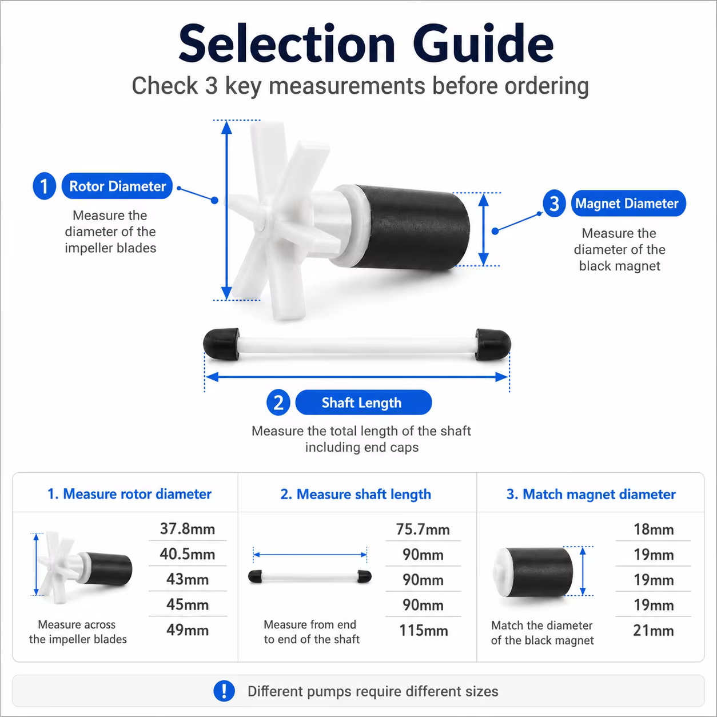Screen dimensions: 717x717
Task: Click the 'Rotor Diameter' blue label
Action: pyautogui.click(x=117, y=186)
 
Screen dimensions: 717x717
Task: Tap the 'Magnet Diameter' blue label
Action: pyautogui.click(x=628, y=203)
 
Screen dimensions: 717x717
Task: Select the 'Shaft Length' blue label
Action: pyautogui.click(x=364, y=402)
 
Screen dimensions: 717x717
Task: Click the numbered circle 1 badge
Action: pyautogui.click(x=44, y=186)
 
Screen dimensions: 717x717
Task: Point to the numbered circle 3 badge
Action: pyautogui.click(x=554, y=204)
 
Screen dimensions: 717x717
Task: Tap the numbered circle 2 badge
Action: pyautogui.click(x=278, y=403)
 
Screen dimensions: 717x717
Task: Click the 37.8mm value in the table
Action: pyautogui.click(x=188, y=529)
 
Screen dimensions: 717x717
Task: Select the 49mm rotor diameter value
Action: pyautogui.click(x=188, y=630)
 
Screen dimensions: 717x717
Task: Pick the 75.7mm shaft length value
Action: pyautogui.click(x=423, y=529)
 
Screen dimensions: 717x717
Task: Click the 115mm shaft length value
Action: pyautogui.click(x=424, y=630)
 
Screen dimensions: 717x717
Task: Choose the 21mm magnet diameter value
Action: pyautogui.click(x=654, y=630)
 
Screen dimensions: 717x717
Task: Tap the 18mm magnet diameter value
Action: pyautogui.click(x=654, y=529)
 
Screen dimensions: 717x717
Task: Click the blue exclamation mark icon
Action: pyautogui.click(x=224, y=691)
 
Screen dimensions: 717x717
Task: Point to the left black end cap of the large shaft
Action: pyautogui.click(x=221, y=344)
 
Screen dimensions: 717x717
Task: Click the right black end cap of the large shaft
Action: pyautogui.click(x=493, y=345)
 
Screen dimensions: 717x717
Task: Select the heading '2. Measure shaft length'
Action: pyautogui.click(x=356, y=494)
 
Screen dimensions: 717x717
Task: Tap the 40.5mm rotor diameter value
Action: pyautogui.click(x=188, y=554)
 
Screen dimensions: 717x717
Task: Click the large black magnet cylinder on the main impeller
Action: pyautogui.click(x=411, y=228)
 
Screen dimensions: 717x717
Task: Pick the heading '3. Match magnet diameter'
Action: pyautogui.click(x=591, y=494)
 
